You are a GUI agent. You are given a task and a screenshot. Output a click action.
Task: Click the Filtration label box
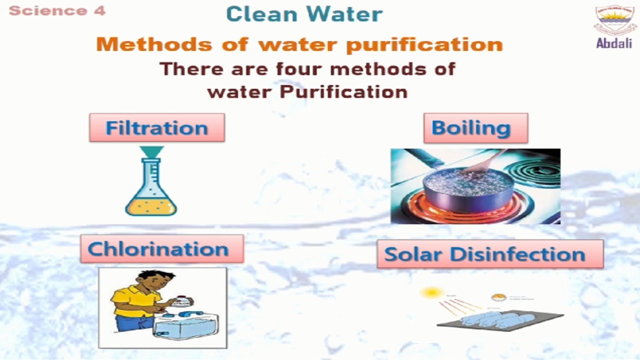(x=156, y=127)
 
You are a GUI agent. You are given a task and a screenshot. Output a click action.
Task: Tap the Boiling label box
(x=475, y=128)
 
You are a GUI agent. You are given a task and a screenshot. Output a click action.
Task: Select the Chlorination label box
(x=161, y=249)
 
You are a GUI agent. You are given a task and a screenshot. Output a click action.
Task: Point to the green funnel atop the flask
(x=151, y=151)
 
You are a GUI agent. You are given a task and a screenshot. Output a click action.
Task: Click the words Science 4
(x=57, y=11)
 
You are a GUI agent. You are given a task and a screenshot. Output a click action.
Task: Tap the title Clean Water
(x=304, y=14)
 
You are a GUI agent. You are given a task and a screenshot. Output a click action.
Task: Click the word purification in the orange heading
(x=424, y=44)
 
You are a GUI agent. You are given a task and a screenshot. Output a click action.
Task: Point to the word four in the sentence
(x=300, y=69)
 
